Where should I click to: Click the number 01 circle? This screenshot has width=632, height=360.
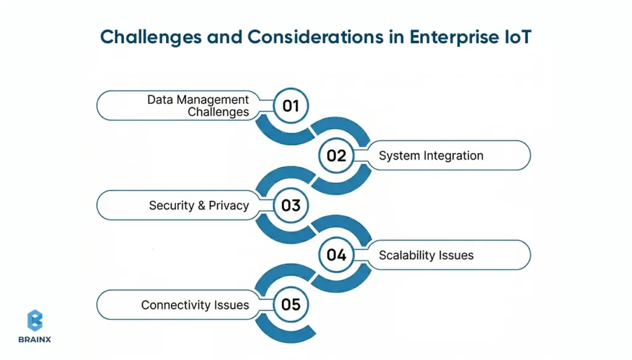click(291, 106)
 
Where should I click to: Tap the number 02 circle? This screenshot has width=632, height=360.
click(336, 156)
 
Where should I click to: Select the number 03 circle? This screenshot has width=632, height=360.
click(291, 205)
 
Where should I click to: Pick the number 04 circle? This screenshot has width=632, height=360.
click(336, 254)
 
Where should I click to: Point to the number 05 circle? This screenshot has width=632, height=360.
click(291, 304)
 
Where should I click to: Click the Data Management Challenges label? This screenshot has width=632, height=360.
click(198, 106)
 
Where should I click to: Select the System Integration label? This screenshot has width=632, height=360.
click(431, 156)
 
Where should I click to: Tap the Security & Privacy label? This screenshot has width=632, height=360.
click(199, 206)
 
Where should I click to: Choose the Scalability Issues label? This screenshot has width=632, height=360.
click(426, 255)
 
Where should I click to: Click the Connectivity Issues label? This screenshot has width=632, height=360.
click(195, 304)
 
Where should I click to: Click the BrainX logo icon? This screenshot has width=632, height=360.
click(35, 320)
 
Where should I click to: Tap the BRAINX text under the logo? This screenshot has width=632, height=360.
click(35, 339)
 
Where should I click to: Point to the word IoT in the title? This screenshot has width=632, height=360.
click(513, 36)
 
